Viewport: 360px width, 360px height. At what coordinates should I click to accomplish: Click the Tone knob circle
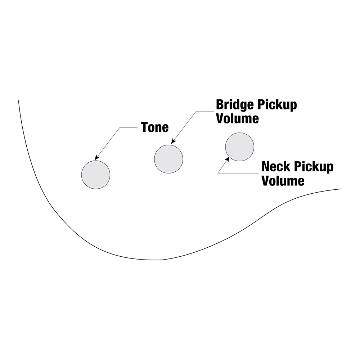coord(96,175)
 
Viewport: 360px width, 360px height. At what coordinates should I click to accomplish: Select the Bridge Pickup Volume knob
coord(168,159)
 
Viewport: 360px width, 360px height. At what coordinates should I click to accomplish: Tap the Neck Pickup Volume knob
coord(240,147)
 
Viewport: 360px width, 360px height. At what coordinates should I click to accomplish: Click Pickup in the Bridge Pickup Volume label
coord(277,105)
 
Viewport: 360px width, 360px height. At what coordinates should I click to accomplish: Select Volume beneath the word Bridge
coord(238,118)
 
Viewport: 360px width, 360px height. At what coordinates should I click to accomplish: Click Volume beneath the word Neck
coord(283,181)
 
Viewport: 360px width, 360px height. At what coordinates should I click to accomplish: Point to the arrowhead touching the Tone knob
coord(96,158)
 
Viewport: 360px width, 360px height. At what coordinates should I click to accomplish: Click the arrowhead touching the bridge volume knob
coord(173,141)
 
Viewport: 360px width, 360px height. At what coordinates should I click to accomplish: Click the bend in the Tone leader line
coord(120,127)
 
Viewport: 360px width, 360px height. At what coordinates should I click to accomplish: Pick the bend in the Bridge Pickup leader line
coord(197,111)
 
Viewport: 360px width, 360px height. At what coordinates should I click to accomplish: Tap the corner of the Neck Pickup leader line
coord(218,173)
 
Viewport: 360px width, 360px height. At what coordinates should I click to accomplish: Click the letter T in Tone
coord(144,127)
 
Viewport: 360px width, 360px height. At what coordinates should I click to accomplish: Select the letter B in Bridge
coord(220,105)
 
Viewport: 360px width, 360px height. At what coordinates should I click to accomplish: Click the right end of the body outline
coord(341,189)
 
